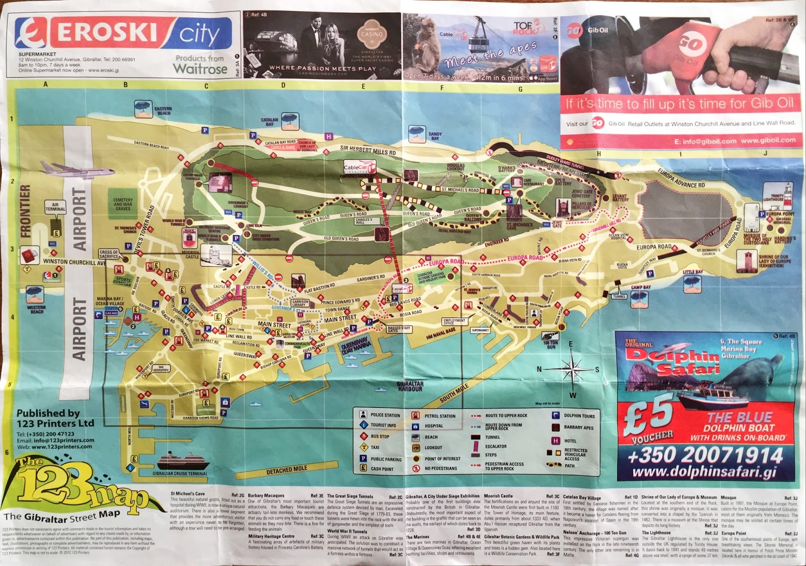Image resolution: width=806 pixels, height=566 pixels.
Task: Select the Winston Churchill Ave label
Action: [74, 262]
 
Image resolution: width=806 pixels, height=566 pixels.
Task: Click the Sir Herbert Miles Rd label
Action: [367, 150]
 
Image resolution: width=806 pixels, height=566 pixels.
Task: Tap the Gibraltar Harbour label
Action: [411, 386]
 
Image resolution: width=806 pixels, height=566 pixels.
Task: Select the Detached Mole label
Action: [287, 470]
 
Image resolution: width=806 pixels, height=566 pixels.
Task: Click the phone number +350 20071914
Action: [705, 456]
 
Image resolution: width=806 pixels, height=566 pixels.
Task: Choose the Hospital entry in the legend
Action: [434, 426]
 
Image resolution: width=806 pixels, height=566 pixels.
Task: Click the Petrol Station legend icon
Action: [415, 416]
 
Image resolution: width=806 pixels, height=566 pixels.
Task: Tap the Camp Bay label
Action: [640, 287]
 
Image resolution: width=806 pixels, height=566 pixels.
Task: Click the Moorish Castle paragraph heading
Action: [498, 496]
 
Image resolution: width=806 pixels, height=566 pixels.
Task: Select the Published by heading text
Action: [48, 413]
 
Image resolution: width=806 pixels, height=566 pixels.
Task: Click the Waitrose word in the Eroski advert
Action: [200, 69]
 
